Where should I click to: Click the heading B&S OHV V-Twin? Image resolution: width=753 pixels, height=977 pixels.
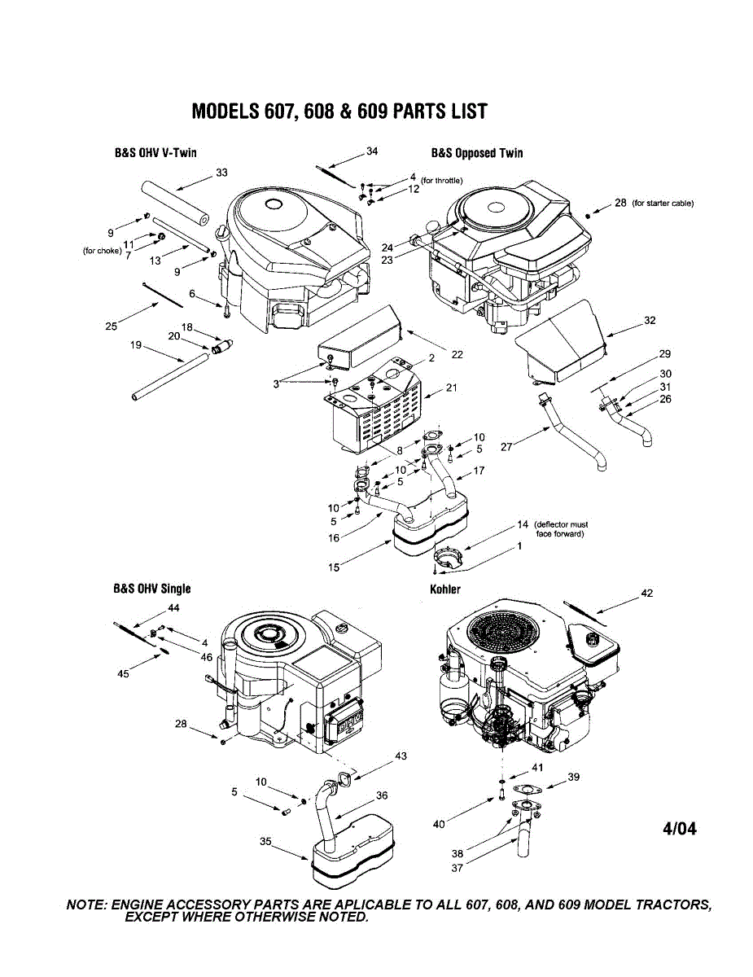point(155,153)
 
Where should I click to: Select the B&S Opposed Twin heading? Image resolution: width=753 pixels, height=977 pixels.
point(477,153)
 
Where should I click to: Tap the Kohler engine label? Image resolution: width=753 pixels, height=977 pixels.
point(445,589)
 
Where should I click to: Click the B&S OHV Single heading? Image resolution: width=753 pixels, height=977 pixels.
point(152,589)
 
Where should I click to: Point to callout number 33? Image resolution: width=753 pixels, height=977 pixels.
point(221,173)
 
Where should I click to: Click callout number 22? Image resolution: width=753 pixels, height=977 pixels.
point(457,355)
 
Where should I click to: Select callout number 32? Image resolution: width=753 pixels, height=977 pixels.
point(650,321)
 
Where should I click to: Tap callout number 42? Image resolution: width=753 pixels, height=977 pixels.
point(646,594)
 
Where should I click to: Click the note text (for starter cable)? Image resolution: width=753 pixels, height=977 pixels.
point(663,204)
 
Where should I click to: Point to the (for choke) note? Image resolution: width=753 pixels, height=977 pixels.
point(103,251)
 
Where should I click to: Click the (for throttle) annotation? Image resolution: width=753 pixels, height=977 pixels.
point(441,181)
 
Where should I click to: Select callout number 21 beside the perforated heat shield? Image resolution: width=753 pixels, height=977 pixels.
point(451,388)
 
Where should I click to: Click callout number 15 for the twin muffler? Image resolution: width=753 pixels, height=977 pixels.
point(334,567)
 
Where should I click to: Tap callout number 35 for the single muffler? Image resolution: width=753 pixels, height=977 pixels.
point(265,841)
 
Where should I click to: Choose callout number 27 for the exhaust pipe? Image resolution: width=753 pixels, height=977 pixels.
point(506,447)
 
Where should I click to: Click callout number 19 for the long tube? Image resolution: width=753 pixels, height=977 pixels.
point(136,345)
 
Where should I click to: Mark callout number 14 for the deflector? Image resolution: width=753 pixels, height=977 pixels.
point(523,524)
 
